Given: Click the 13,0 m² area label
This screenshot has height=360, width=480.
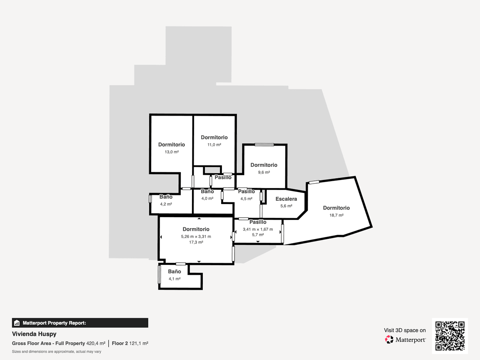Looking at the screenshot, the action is (172, 152).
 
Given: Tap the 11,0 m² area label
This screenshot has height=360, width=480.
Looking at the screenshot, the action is (214, 145).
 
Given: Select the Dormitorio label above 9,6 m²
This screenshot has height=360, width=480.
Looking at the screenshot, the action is (264, 165).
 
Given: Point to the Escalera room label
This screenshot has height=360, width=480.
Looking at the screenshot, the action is (286, 199).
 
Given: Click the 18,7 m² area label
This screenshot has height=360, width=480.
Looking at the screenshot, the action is (336, 215).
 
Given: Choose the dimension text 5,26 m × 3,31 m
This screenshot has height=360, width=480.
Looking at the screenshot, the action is (196, 236).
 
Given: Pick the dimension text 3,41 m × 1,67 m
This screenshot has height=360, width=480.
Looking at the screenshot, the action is (258, 229).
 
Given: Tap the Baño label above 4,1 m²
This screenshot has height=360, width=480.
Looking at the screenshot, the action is (174, 272).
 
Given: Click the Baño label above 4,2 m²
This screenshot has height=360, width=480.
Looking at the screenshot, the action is (166, 197).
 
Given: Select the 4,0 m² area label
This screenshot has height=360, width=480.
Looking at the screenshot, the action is (207, 198).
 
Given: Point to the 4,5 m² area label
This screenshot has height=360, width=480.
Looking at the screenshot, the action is (246, 199).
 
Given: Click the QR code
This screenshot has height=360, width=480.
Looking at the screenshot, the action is (450, 336).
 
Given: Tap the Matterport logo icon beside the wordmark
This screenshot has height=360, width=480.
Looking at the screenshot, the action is (389, 340).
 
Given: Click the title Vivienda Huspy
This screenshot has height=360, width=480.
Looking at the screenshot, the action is (34, 334).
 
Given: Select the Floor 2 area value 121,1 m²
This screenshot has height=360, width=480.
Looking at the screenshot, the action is (139, 343).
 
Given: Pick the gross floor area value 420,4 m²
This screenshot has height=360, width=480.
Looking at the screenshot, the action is (96, 343).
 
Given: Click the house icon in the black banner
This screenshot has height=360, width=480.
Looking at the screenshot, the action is (17, 323).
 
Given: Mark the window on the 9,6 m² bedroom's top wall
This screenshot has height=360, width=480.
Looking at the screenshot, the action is (264, 144).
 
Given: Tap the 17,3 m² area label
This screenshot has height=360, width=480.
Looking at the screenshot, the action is (196, 242).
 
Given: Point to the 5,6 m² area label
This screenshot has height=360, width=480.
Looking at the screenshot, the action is (286, 206).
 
